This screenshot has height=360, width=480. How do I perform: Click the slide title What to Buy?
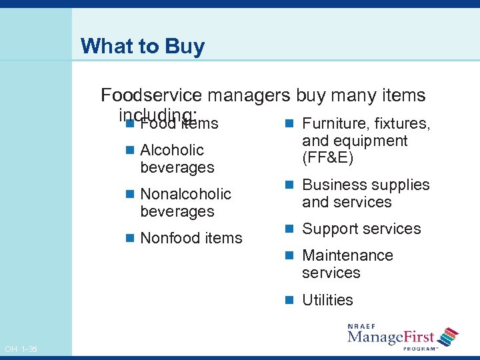(142, 47)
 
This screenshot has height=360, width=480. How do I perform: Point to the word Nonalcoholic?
(185, 194)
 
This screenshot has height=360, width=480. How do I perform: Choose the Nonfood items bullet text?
(191, 238)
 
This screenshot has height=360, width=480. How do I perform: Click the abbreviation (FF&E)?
(327, 159)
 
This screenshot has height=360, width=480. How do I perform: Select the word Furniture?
(335, 123)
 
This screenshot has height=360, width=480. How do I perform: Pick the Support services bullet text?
(361, 229)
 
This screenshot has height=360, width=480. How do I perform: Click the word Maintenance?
(347, 255)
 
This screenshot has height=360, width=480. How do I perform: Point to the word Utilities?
(327, 300)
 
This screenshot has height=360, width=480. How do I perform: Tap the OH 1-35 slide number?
(21, 349)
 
